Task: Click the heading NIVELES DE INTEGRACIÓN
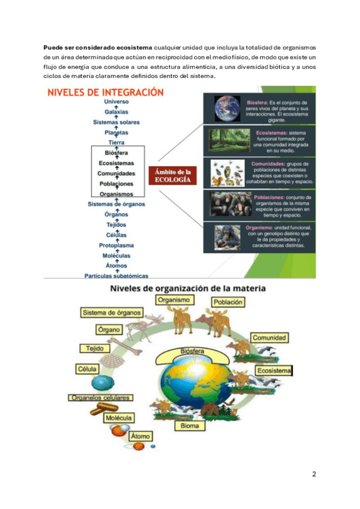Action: coord(105,93)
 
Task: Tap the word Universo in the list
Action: coord(116,102)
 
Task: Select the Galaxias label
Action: coord(116,112)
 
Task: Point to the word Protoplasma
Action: coord(116,245)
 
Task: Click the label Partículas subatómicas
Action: coord(116,276)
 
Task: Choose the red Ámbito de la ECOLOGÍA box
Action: coord(173,175)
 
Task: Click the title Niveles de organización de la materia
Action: coord(188,289)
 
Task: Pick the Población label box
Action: coord(227,303)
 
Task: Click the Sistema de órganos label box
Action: coord(112,312)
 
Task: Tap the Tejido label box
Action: coord(90,349)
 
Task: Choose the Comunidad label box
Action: coord(268,338)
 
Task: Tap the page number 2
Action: coord(314,474)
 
